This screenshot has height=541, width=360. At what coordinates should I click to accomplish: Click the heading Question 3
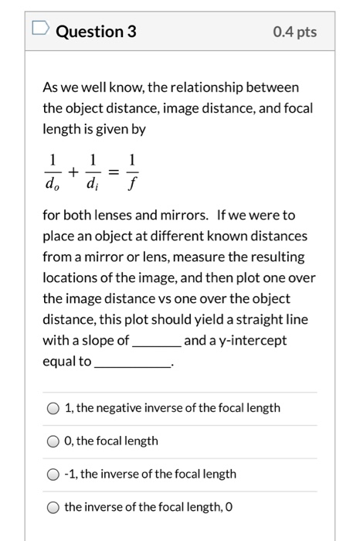point(96,32)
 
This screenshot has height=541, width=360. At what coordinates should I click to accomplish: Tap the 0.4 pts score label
point(294,32)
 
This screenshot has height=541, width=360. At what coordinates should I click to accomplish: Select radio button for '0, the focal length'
point(53,441)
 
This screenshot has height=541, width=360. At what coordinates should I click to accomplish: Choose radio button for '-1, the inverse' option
point(53,474)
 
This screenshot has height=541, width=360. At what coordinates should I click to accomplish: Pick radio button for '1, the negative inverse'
point(53,407)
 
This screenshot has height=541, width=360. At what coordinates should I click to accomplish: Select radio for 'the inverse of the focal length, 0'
point(53,507)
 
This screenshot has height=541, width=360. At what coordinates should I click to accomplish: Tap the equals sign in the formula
point(112,172)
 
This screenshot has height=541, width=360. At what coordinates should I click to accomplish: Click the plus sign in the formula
point(72,172)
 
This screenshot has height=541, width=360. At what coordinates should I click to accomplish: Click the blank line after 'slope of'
point(157,342)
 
